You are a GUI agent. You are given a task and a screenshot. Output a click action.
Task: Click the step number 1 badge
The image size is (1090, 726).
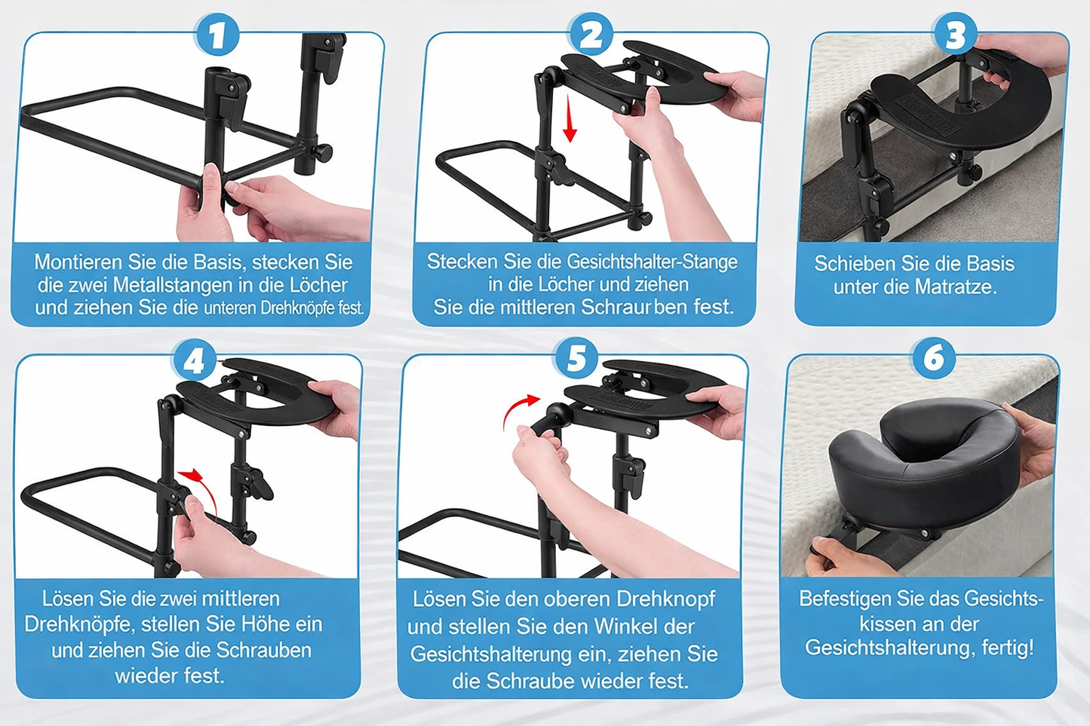coord(216,35)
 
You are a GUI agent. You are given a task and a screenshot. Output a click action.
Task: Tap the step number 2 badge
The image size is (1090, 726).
coord(591,34)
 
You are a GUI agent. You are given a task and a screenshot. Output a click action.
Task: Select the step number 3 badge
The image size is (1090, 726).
coord(955,34)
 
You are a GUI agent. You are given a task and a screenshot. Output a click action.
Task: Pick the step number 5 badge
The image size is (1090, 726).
coord(576,359)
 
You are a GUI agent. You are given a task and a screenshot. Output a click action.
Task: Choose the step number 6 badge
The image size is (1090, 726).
coord(933,358)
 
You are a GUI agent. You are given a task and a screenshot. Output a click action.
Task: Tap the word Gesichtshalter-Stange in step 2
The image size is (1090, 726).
coord(652,262)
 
